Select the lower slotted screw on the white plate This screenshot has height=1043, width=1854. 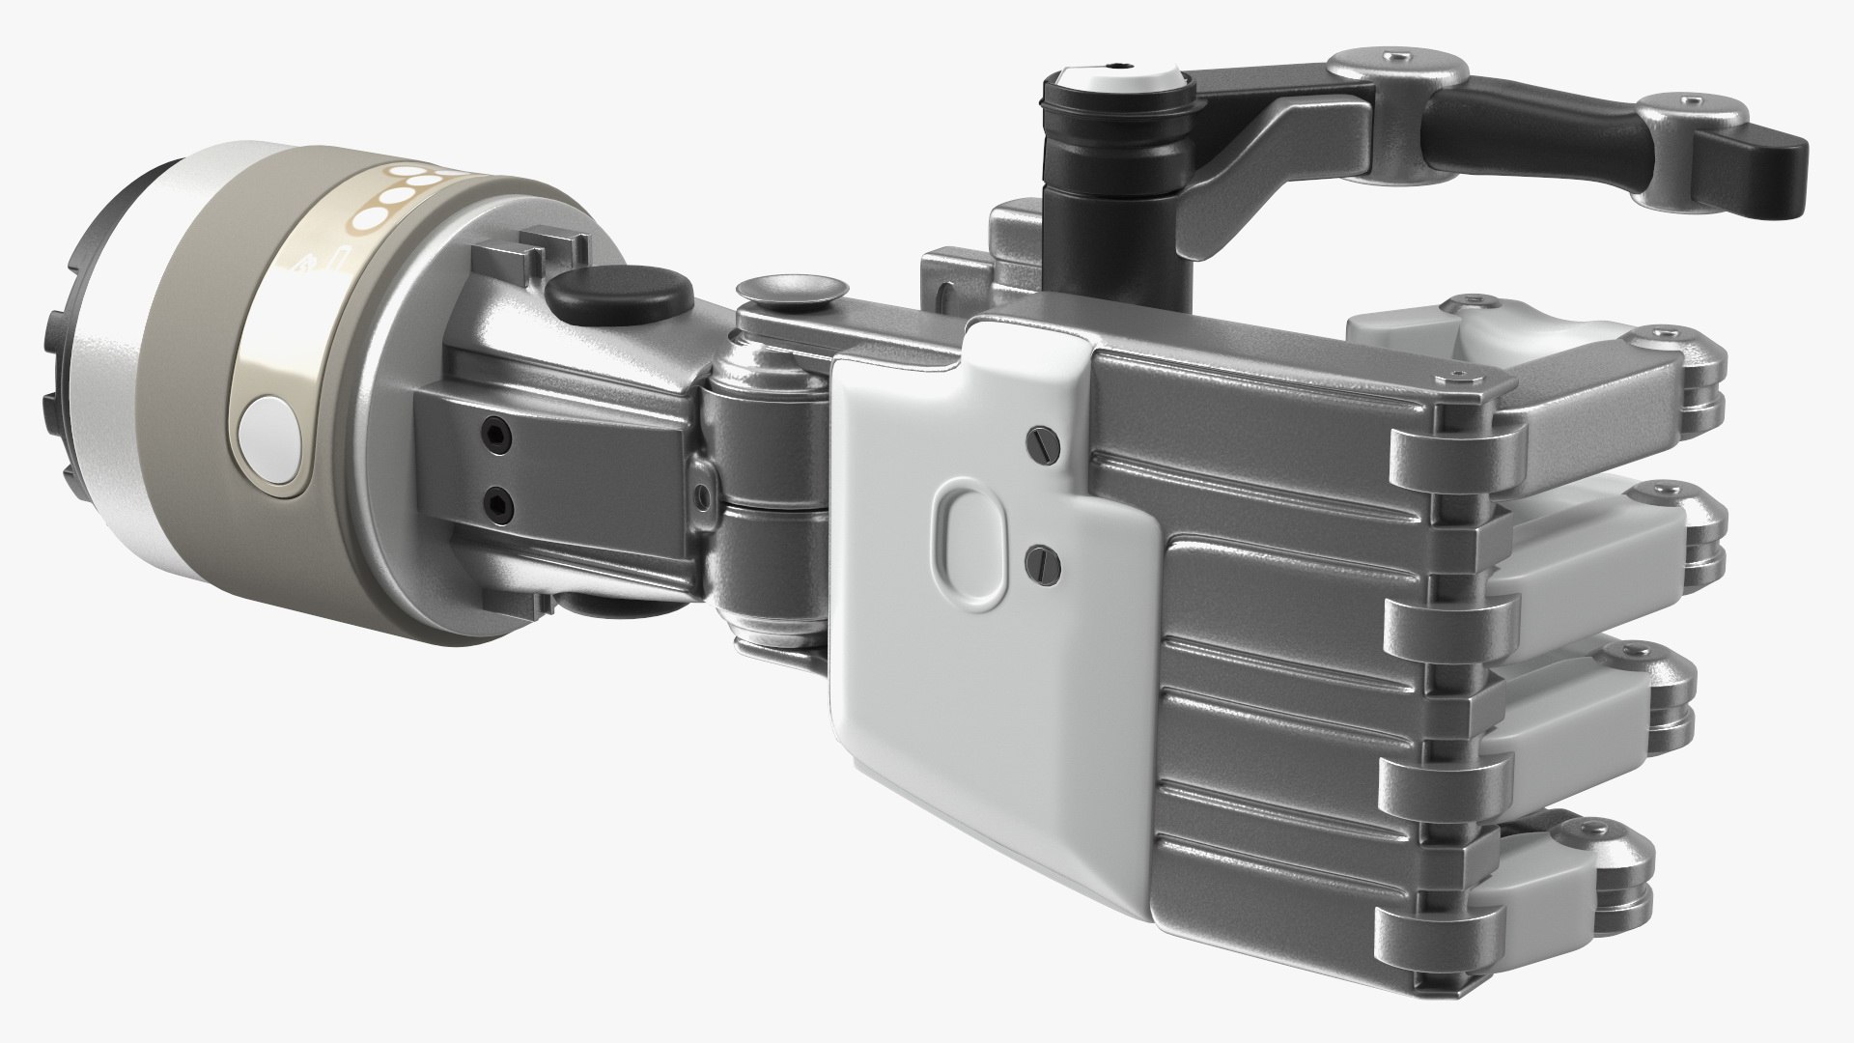(x=1039, y=558)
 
